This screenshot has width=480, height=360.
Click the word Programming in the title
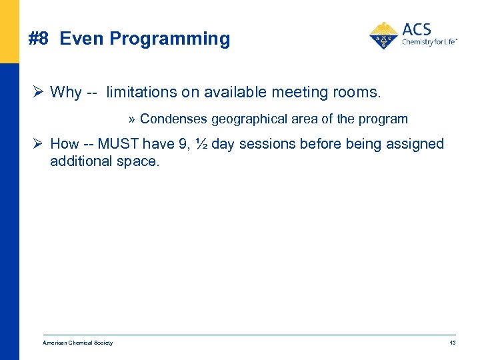coord(170,39)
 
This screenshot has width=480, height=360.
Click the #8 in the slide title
coord(39,39)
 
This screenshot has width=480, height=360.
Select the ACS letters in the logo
coord(417,29)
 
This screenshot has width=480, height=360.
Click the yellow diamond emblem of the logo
coord(383,36)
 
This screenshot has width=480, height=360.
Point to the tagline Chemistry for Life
coord(429,43)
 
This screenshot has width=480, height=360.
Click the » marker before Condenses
coord(132,119)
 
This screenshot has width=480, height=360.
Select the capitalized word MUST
coord(119,144)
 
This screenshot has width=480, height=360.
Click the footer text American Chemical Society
coord(77,343)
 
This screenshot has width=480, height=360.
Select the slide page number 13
coord(452,343)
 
